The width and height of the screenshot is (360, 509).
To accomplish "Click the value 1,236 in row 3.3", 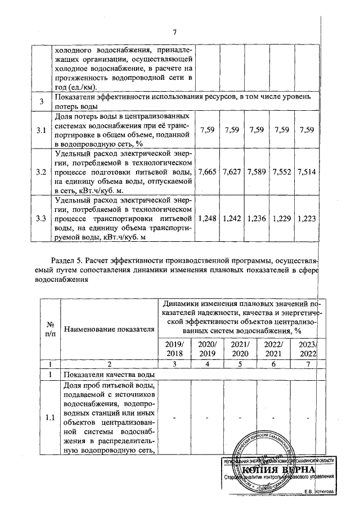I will (256, 218).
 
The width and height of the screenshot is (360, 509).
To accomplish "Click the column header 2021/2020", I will (240, 349).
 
